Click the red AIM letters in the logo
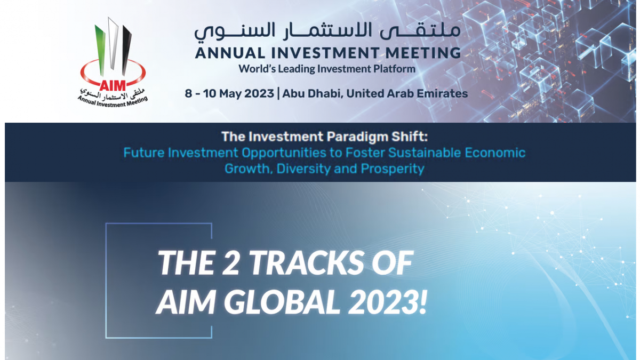tap(113, 85)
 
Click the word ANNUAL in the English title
tap(230, 53)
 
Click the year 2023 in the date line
tap(259, 93)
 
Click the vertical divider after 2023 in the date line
tap(278, 94)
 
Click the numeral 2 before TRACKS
tap(230, 262)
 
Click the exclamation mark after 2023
tap(422, 302)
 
